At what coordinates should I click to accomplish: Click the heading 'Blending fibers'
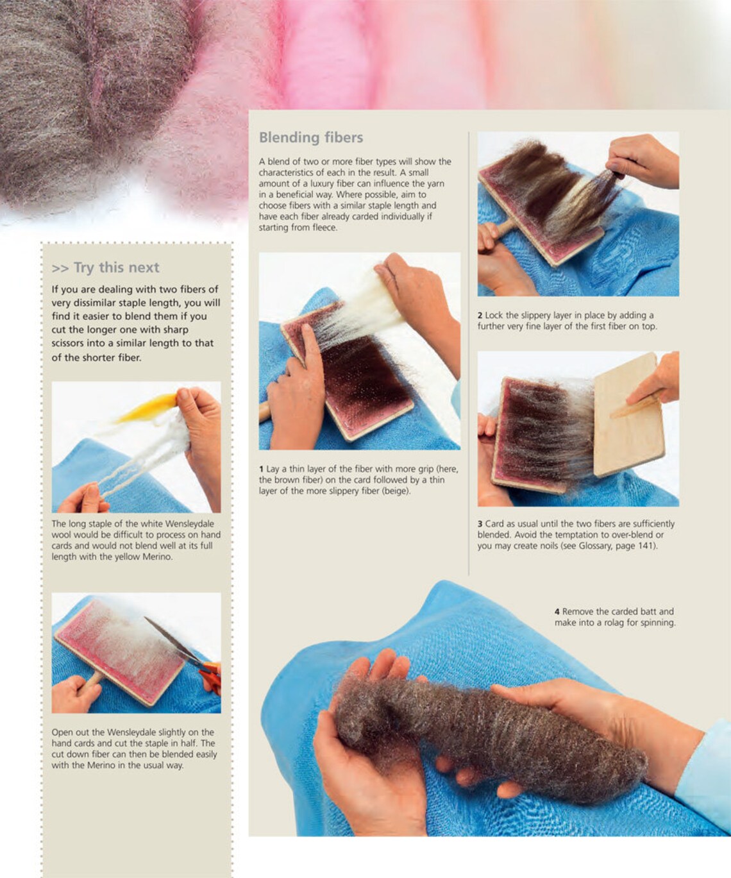(x=310, y=137)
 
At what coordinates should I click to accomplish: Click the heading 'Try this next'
(x=117, y=267)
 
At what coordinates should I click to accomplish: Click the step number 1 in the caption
(x=261, y=469)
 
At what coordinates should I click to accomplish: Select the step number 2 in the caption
(x=480, y=316)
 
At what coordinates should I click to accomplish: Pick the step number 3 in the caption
(x=480, y=524)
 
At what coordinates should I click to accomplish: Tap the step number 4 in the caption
(x=557, y=611)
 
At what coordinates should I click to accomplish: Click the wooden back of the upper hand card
(x=628, y=414)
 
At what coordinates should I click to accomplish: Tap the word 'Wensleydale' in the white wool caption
(x=190, y=524)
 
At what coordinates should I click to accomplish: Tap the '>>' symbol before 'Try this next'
(x=60, y=268)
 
